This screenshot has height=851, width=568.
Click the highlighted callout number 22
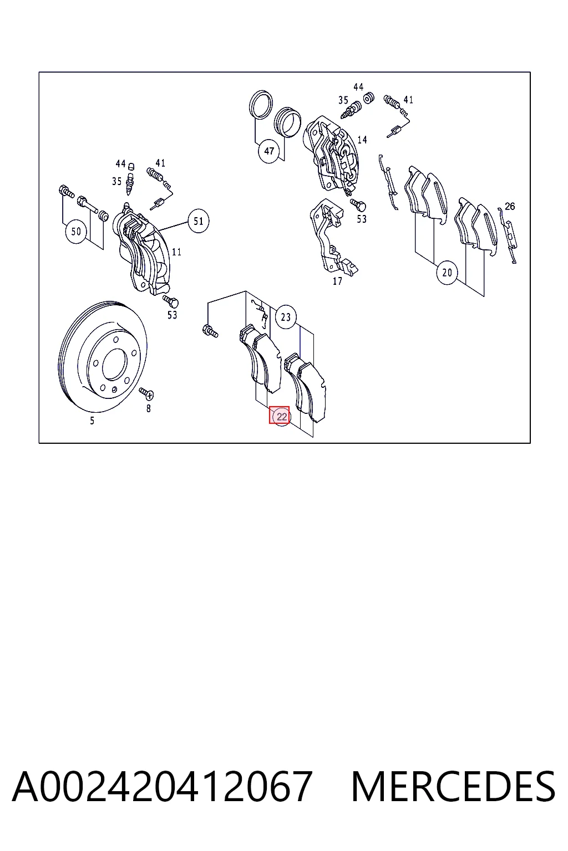[x=279, y=415]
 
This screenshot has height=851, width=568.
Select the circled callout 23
[x=286, y=317]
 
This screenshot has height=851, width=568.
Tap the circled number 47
[x=269, y=151]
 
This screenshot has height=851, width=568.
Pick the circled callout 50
[x=76, y=232]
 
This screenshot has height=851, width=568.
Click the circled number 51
[x=198, y=221]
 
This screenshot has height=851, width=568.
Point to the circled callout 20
[x=447, y=273]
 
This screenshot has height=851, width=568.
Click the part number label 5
[x=92, y=421]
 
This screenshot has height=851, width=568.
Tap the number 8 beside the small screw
[x=148, y=408]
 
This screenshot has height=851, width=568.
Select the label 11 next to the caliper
[x=176, y=252]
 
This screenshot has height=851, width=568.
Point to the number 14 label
[x=362, y=140]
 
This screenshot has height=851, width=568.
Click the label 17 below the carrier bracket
[x=337, y=281]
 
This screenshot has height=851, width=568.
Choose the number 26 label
[x=510, y=206]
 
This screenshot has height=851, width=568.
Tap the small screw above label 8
[x=146, y=393]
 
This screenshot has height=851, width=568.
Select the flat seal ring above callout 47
[x=261, y=105]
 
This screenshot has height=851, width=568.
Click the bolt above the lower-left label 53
[x=171, y=301]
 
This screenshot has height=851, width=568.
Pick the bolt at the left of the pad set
[x=210, y=331]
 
